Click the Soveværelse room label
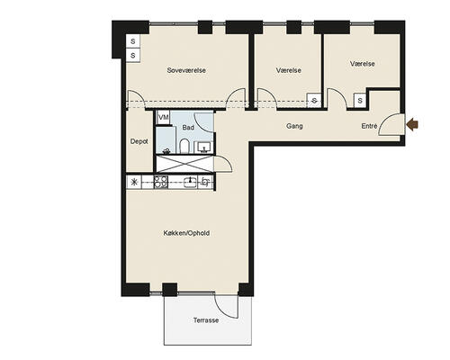tap(186, 70)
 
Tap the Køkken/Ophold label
tap(186, 233)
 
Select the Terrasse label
tap(206, 320)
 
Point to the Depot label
tap(139, 141)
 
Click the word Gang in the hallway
tap(294, 126)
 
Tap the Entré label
tap(369, 126)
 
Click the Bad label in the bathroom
tap(188, 128)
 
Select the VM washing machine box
tap(163, 117)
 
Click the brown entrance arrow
tap(412, 124)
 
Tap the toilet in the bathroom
tap(184, 146)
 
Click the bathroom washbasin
tap(203, 147)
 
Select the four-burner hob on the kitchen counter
tap(161, 182)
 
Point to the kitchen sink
tap(190, 182)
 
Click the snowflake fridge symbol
tap(134, 182)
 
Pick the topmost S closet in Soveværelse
tap(133, 41)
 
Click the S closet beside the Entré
tap(360, 101)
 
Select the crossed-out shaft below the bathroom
tap(184, 164)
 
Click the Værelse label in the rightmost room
tap(363, 64)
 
